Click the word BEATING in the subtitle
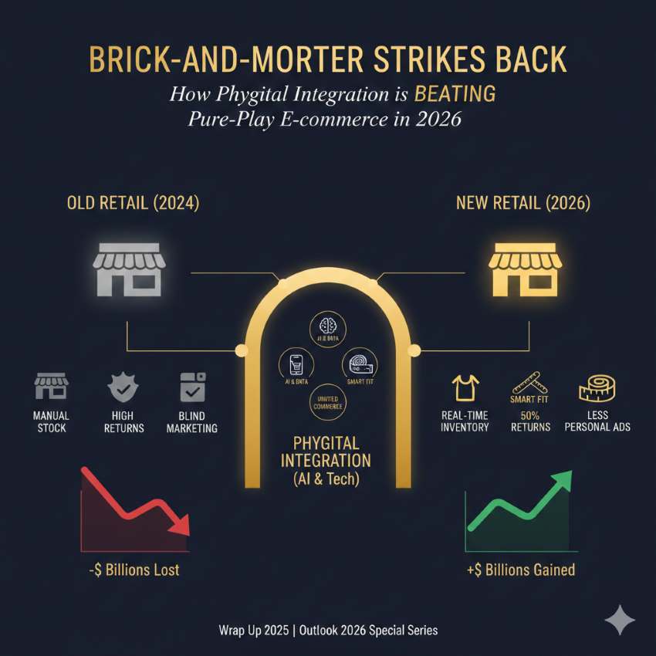pyautogui.click(x=455, y=96)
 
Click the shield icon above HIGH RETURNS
pyautogui.click(x=123, y=388)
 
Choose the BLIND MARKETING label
pyautogui.click(x=192, y=422)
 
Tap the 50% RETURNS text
pyautogui.click(x=530, y=421)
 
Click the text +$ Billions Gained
pyautogui.click(x=520, y=570)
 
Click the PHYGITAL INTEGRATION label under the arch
pyautogui.click(x=327, y=452)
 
